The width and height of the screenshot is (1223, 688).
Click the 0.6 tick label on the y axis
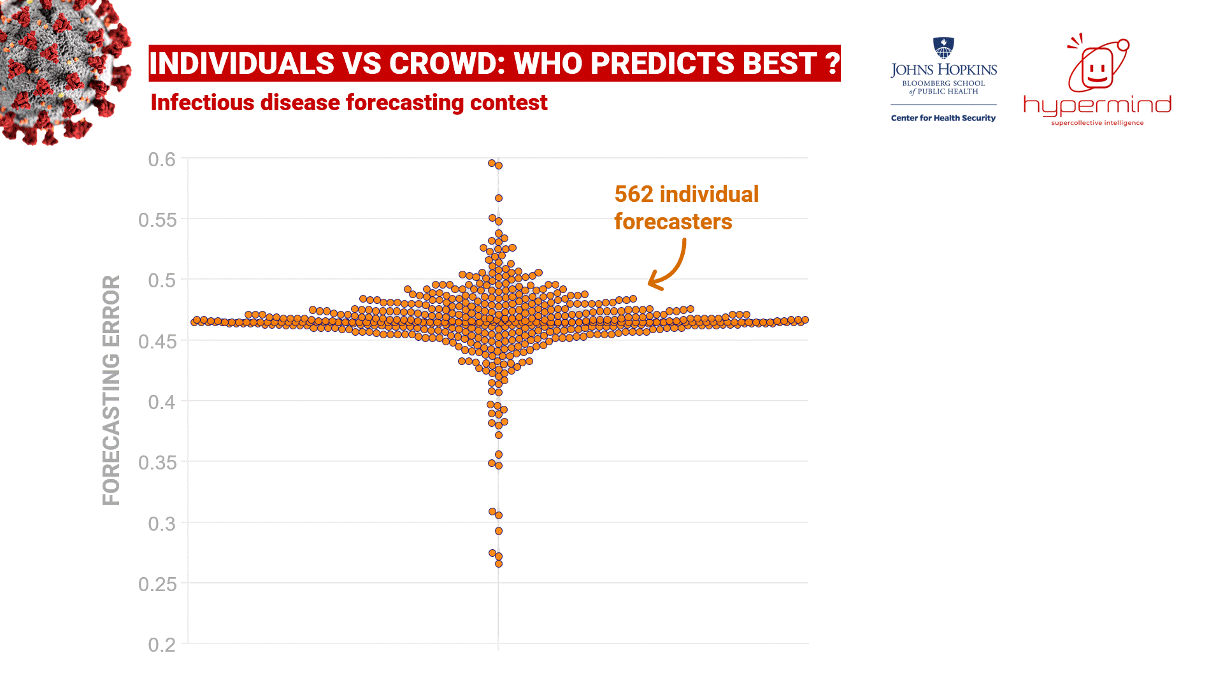(162, 159)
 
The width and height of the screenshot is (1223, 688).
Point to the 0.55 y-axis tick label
(157, 220)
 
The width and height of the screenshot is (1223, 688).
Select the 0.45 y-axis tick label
(157, 341)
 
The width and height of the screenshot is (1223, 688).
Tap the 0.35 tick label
(157, 462)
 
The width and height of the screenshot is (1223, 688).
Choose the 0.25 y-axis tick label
(157, 584)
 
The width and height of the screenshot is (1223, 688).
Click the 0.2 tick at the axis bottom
(162, 645)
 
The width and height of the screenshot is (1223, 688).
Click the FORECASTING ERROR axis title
(111, 390)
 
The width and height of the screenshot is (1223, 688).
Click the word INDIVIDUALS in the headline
(241, 64)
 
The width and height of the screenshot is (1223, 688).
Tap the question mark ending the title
(831, 64)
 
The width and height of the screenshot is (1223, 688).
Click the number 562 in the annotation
(634, 194)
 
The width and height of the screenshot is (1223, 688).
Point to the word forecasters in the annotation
(673, 222)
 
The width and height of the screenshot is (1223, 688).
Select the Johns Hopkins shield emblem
(943, 48)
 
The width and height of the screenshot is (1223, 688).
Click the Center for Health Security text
(943, 118)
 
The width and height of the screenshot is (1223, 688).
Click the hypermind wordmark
(1097, 106)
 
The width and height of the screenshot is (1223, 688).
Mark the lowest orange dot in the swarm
(499, 564)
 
